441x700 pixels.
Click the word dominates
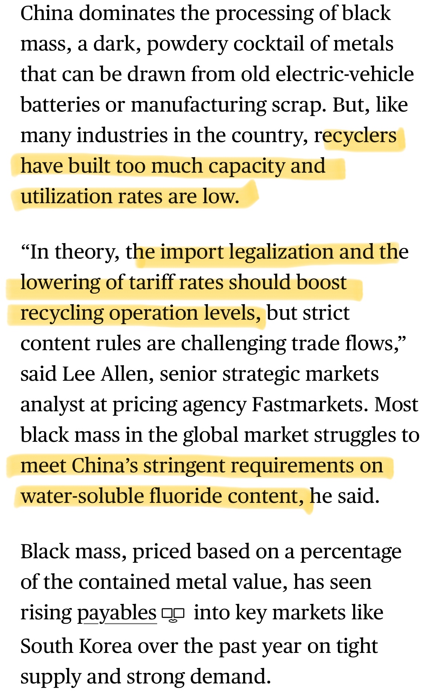click(x=127, y=14)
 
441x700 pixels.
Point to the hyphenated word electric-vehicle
click(x=345, y=74)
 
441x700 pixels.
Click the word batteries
click(x=60, y=105)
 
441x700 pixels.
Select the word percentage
click(x=351, y=552)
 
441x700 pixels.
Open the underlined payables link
click(x=117, y=613)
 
